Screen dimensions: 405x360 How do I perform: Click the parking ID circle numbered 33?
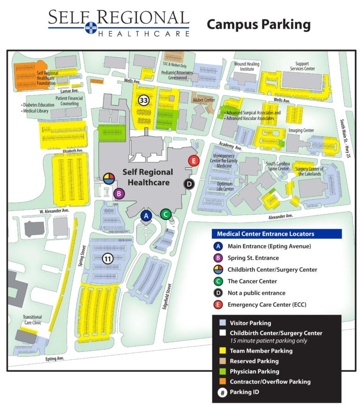point(144,100)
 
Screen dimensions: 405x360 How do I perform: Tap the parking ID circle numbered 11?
point(108,258)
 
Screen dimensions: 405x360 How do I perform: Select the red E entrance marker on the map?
point(193,161)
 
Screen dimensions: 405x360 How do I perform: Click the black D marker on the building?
point(189,184)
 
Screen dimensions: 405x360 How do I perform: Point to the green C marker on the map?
point(165,214)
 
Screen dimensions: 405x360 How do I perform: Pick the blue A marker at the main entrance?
point(146,216)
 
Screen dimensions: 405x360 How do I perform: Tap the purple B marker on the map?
point(119,193)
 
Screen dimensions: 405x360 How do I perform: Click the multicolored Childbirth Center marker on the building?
point(108,179)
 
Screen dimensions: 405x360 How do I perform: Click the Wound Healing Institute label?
point(247,66)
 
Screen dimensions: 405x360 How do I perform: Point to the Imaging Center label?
point(301,130)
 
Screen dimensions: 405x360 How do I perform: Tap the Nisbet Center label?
point(204,100)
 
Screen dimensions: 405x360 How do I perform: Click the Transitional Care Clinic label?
point(32,320)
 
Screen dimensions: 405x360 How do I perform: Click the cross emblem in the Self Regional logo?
point(90,28)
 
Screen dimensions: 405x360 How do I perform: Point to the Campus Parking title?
point(259,24)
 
